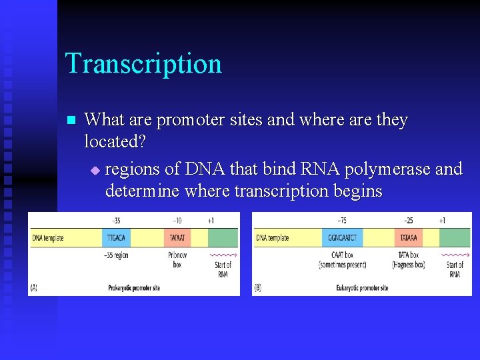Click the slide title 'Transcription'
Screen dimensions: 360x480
pos(143,64)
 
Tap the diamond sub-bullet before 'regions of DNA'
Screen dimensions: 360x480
pos(94,171)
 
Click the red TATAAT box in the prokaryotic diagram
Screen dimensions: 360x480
pos(177,238)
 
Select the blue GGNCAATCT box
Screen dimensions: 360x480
pos(342,238)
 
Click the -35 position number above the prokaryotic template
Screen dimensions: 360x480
pos(116,221)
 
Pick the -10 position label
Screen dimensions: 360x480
pos(177,221)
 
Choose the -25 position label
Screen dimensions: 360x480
pos(408,221)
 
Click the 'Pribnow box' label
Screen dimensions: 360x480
pos(177,259)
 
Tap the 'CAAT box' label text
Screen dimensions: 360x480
pos(343,255)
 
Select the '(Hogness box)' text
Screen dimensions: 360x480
pos(409,265)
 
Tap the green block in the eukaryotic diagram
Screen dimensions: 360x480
pos(454,238)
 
